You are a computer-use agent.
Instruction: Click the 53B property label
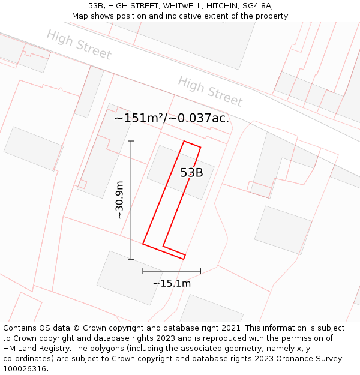191,173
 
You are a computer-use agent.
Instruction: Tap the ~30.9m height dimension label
119,200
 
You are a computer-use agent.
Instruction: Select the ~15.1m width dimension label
172,283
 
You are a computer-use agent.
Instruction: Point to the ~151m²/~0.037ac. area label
172,118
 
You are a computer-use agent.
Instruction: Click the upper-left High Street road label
79,45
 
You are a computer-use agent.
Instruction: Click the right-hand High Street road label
210,91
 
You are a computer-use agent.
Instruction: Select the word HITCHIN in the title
214,6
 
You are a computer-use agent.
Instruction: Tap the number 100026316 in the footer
25,368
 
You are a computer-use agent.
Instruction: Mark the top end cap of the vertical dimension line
131,141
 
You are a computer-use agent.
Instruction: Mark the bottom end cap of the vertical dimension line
131,259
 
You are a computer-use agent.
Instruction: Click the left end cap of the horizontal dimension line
143,271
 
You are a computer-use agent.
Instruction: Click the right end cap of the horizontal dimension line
200,271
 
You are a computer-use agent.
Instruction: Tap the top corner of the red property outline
184,142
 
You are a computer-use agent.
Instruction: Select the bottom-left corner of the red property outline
143,244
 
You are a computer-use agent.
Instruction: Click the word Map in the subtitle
80,16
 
